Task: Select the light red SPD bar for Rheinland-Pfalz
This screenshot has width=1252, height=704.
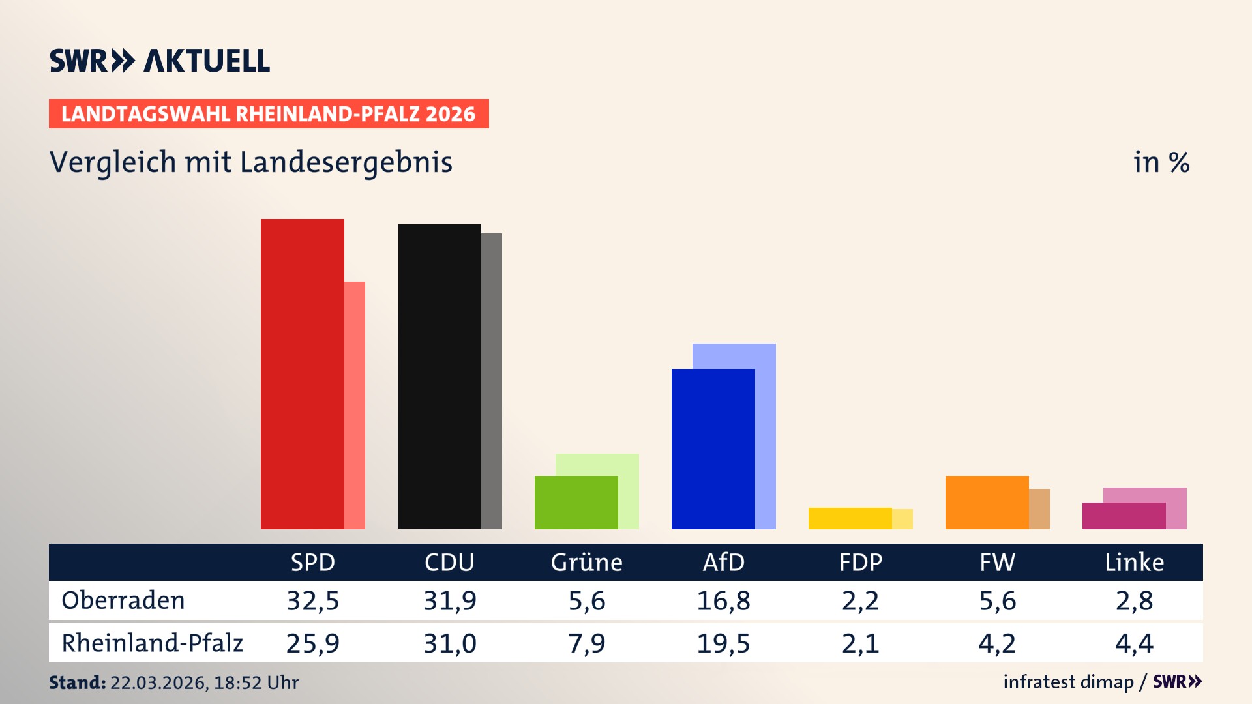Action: [x=355, y=404]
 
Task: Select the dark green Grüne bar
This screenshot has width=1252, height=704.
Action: [x=576, y=502]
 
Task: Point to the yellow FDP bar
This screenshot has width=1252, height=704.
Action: [x=850, y=518]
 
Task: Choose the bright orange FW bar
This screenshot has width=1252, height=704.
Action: [x=987, y=502]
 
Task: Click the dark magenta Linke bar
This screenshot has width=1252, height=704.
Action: [x=1124, y=516]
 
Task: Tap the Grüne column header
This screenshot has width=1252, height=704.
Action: [x=586, y=562]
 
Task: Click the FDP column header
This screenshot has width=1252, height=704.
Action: [x=860, y=562]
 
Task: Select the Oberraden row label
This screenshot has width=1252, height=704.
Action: [x=123, y=600]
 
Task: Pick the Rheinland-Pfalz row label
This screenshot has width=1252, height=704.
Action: [x=152, y=643]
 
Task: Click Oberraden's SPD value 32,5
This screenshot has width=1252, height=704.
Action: [x=313, y=600]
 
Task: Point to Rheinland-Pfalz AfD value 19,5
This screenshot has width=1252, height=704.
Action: [x=723, y=643]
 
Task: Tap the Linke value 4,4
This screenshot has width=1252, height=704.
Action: [x=1134, y=643]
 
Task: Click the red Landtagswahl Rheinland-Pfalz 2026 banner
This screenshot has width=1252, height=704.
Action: [x=269, y=113]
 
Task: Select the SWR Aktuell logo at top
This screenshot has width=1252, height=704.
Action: [x=160, y=61]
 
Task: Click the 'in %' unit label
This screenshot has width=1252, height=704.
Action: [x=1161, y=162]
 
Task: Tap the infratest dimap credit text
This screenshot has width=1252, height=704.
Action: [x=1068, y=682]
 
